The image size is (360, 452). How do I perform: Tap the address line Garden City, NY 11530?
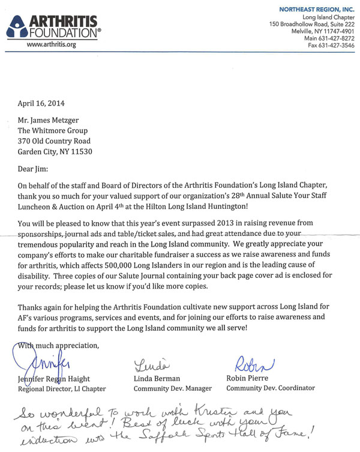(x=64, y=152)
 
